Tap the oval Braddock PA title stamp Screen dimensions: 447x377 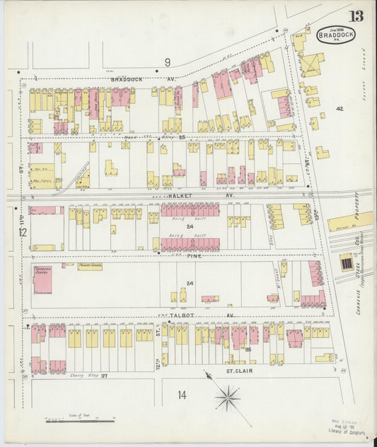pyautogui.click(x=336, y=34)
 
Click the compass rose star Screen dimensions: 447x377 pyautogui.click(x=227, y=398)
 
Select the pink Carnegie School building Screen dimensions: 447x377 pyautogui.click(x=42, y=279)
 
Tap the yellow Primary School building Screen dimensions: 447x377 pyautogui.click(x=90, y=266)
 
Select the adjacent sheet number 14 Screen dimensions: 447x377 pyautogui.click(x=182, y=394)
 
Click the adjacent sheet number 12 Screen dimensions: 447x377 pyautogui.click(x=22, y=232)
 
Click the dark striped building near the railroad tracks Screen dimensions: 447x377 pyautogui.click(x=346, y=263)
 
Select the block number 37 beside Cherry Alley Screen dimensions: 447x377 pyautogui.click(x=104, y=376)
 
